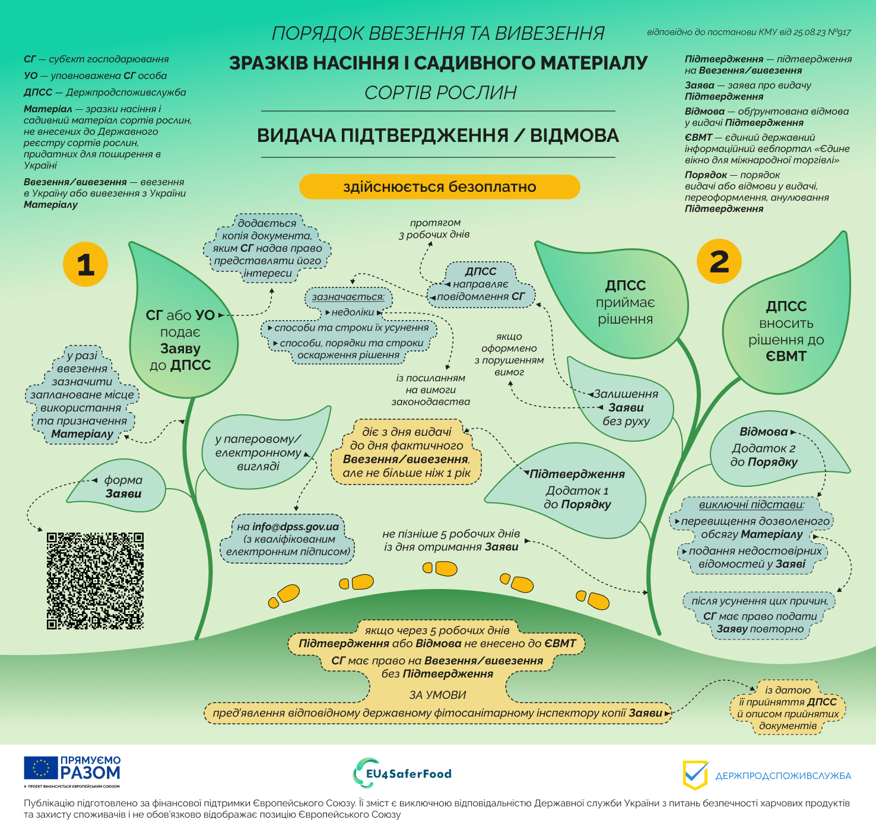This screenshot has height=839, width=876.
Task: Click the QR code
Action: [95, 581]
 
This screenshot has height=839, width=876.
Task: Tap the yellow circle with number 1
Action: [85, 264]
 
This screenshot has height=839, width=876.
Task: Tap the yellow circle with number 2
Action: [719, 261]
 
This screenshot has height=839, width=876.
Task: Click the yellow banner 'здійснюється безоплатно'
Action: [439, 187]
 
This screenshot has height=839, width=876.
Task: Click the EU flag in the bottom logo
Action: [41, 768]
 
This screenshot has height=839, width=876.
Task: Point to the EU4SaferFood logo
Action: [402, 773]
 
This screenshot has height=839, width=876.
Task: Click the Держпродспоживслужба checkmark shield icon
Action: [696, 775]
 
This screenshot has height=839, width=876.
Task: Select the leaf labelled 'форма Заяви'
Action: [122, 487]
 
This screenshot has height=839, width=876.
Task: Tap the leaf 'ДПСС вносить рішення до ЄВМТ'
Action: [786, 331]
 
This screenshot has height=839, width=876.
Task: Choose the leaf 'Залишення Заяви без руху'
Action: [624, 407]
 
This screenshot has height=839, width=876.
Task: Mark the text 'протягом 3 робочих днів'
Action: [434, 229]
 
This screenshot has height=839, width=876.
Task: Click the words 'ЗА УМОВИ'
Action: [437, 695]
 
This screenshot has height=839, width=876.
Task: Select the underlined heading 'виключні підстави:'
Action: [751, 505]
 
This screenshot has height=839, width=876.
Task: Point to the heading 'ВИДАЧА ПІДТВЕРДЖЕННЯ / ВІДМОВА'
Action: [438, 135]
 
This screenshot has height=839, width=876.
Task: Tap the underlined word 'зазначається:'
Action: [348, 296]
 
